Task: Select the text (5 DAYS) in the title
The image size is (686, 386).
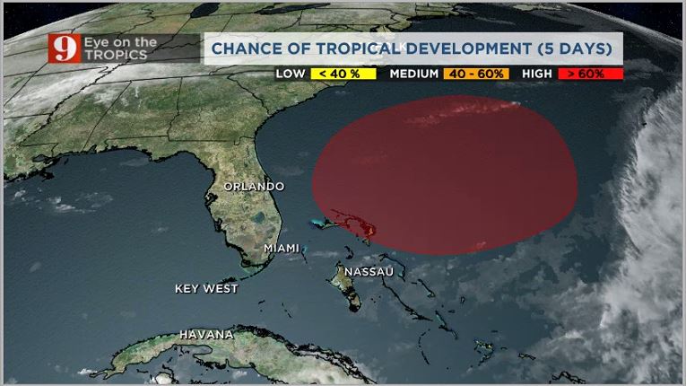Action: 571,46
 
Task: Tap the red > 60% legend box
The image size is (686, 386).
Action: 590,74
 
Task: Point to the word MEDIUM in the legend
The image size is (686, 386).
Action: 415,74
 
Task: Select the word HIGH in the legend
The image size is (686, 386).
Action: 537,74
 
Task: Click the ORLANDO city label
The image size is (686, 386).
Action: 254,187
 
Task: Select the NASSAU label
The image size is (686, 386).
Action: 369,270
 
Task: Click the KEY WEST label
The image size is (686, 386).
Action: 206,289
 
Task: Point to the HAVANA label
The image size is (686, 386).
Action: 206,335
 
